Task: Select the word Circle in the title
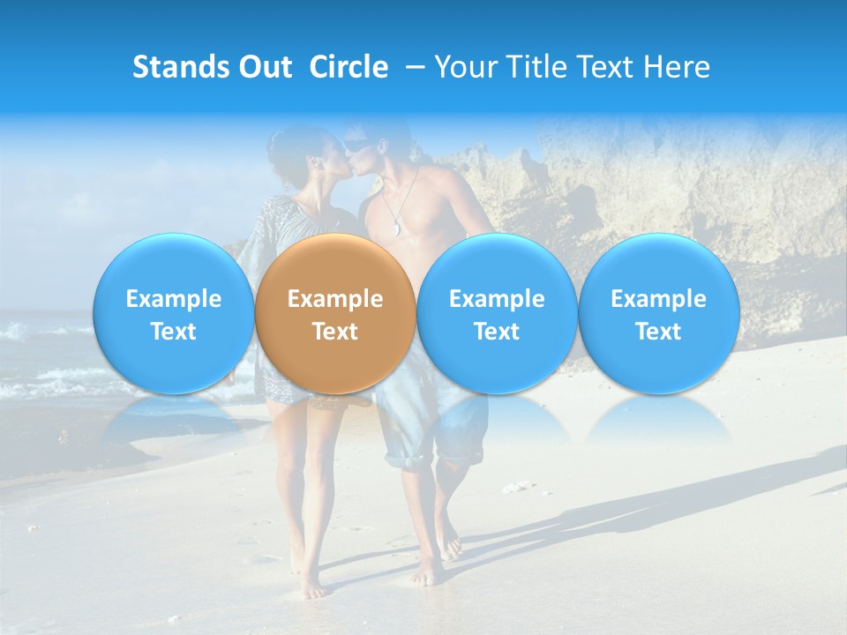coord(349,67)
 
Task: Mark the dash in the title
coord(411,67)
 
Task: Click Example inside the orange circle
coord(334,299)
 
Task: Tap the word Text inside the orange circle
coord(334,332)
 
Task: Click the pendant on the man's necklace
coord(396,230)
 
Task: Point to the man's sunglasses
coord(356,145)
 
